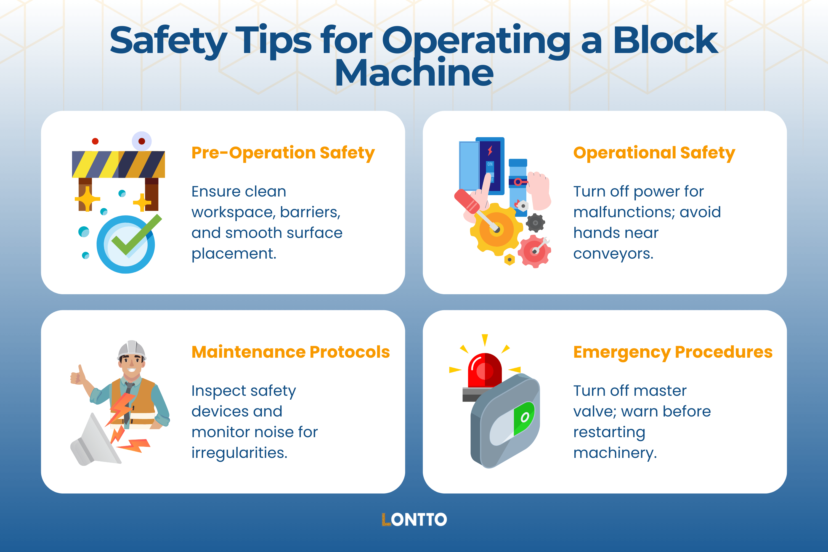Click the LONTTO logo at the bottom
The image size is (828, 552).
(x=414, y=520)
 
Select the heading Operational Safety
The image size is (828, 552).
(x=654, y=153)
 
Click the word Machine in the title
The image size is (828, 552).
(x=414, y=73)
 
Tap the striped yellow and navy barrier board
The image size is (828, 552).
(x=118, y=164)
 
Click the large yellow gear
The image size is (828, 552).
(x=496, y=229)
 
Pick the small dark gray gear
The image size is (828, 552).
(x=535, y=223)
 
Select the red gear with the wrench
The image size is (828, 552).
(x=534, y=251)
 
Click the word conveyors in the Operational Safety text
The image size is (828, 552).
(x=613, y=253)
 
